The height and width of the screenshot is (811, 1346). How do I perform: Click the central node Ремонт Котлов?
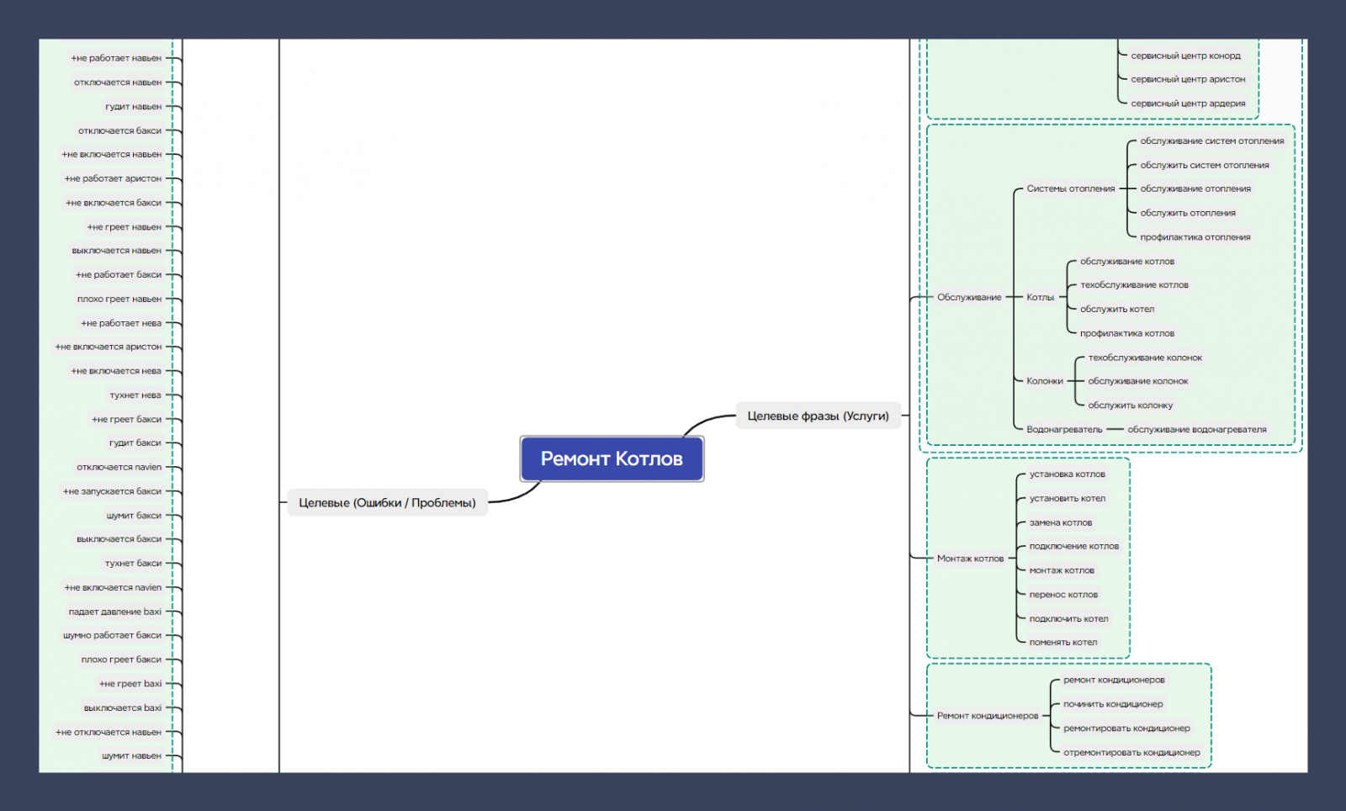[x=612, y=459]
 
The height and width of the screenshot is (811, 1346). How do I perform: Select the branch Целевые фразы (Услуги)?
[x=818, y=416]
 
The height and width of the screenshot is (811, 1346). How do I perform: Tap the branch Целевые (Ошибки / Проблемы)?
[x=388, y=503]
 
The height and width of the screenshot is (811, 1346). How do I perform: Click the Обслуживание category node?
[x=969, y=297]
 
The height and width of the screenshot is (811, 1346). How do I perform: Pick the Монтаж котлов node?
[x=971, y=559]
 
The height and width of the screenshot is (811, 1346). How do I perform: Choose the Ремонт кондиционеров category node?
[x=988, y=715]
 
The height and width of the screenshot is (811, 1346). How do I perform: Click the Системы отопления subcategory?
[x=1071, y=188]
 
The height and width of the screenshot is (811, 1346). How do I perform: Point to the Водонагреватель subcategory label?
[x=1064, y=430]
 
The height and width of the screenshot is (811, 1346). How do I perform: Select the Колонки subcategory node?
[x=1044, y=381]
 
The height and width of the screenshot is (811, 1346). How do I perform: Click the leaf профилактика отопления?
[x=1195, y=237]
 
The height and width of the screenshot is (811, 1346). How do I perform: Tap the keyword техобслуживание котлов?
[x=1134, y=284]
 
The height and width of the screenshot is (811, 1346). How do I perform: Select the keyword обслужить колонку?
[x=1131, y=405]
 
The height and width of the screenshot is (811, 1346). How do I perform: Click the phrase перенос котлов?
[x=1063, y=595]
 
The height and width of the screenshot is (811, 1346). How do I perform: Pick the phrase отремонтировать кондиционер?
[x=1131, y=752]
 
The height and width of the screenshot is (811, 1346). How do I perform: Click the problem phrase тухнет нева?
[x=135, y=395]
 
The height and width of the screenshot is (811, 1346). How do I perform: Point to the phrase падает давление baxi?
[x=114, y=612]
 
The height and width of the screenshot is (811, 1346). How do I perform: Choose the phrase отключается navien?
[x=119, y=468]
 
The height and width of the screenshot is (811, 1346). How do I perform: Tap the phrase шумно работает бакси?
[x=113, y=635]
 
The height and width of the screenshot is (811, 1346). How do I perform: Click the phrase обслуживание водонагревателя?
[x=1197, y=430]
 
